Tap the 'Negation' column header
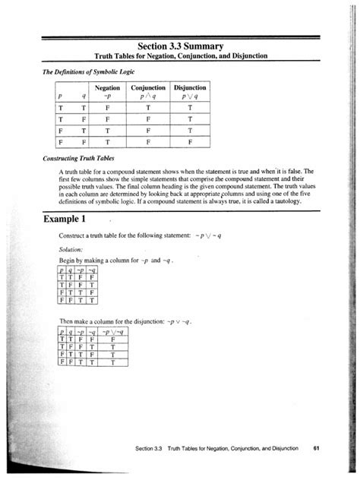click(x=107, y=88)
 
